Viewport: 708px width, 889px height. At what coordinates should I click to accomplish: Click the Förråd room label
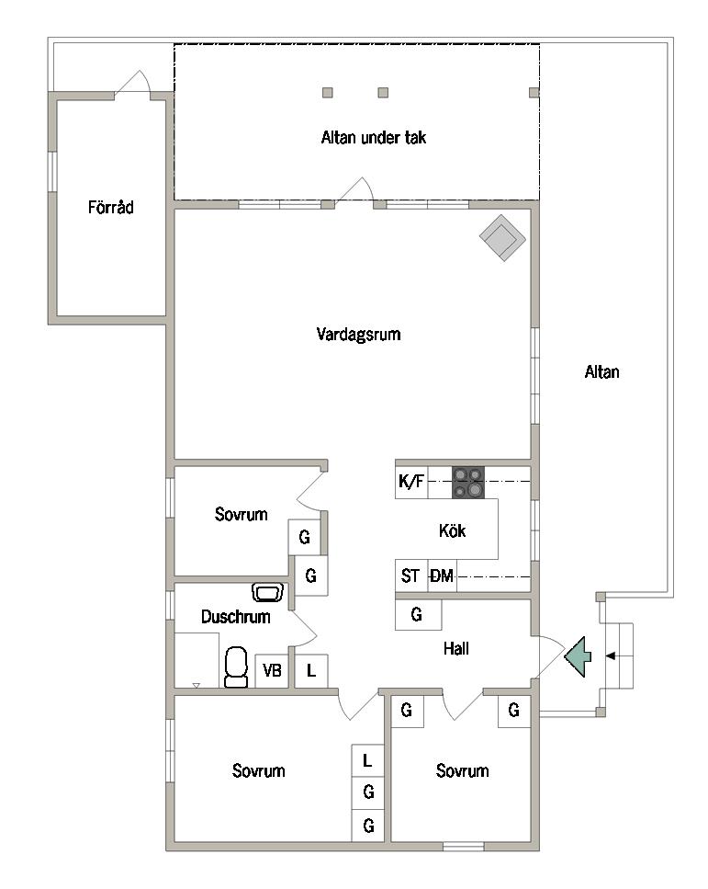point(110,208)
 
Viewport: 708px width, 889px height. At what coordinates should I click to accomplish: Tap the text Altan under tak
point(373,137)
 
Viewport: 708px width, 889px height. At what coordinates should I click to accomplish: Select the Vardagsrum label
point(358,334)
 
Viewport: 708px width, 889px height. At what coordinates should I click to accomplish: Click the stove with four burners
point(467,482)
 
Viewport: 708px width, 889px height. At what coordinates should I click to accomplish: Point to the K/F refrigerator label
point(411,482)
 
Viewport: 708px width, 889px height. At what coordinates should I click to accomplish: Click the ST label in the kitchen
point(410,576)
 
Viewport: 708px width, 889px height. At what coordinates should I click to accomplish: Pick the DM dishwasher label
point(442,576)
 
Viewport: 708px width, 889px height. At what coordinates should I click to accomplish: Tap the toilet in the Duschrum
point(236,667)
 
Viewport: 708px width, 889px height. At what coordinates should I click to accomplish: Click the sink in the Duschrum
point(267,592)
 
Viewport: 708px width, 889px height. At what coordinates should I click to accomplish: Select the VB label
point(272,671)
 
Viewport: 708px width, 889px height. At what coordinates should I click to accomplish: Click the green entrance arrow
point(578,656)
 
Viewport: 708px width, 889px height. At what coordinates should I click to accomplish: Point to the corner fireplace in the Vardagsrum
point(502,237)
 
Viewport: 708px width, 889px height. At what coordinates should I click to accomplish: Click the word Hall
point(456,649)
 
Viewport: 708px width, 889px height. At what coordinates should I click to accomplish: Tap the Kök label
point(452,530)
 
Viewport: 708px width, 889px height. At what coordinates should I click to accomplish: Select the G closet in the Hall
point(418,615)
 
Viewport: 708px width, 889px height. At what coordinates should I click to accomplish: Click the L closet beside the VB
point(311,671)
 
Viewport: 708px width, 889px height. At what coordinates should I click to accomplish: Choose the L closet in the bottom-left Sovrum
point(367,760)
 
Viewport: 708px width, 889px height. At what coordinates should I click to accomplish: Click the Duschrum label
point(236,617)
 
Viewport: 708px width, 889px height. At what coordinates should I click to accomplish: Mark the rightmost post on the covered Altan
point(534,93)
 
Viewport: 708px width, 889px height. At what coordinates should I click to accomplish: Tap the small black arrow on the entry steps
point(610,656)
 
